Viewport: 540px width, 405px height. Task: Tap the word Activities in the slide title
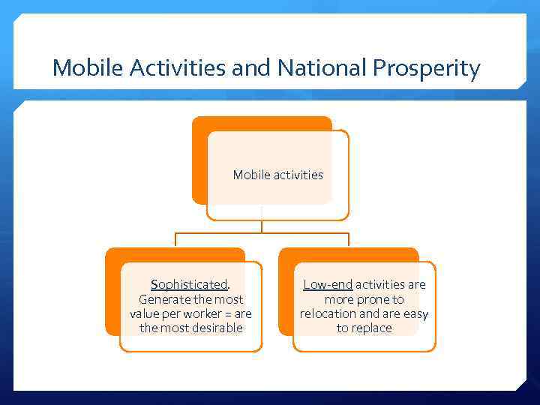[178, 69]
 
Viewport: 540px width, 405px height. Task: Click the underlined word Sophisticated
[190, 285]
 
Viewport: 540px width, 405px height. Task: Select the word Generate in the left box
[164, 299]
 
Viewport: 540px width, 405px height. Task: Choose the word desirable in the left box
[215, 328]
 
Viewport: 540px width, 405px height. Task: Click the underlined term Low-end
[327, 285]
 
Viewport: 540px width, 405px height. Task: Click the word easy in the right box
[415, 313]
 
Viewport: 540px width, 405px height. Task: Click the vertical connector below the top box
[262, 226]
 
